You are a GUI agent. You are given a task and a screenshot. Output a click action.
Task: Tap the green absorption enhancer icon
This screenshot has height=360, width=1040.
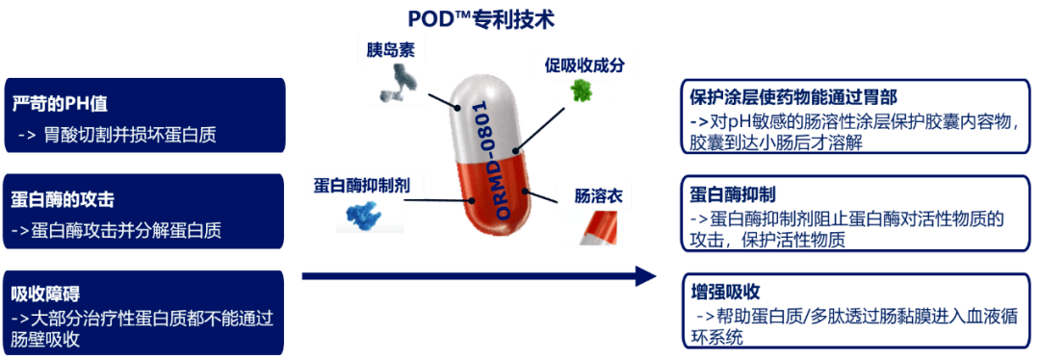tap(582, 90)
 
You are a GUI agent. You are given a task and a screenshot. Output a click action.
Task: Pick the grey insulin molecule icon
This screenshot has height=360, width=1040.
tap(395, 81)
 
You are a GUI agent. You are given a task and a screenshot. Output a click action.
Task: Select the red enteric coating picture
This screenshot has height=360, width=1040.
tap(597, 226)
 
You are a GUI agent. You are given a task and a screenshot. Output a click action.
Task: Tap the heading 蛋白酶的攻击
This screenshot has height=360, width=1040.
tap(63, 199)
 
